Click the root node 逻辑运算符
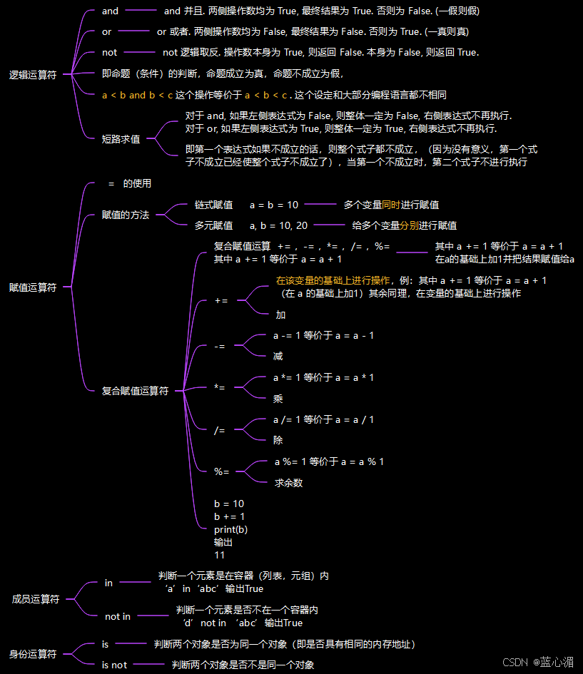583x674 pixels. click(x=33, y=75)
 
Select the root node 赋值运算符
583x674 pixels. click(x=33, y=287)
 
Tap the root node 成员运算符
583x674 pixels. click(x=36, y=599)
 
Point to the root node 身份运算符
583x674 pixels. click(x=33, y=654)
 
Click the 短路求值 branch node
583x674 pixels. click(x=121, y=139)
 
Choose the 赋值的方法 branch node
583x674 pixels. click(x=126, y=215)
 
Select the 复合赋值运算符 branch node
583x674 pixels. click(x=135, y=391)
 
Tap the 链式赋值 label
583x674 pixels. click(x=213, y=205)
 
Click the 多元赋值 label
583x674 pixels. click(x=213, y=225)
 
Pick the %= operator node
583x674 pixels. click(x=222, y=471)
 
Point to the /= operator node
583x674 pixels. click(x=219, y=430)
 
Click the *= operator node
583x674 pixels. click(x=220, y=387)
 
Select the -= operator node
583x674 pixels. click(x=220, y=346)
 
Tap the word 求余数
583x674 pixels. click(x=289, y=483)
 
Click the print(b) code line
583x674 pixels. click(x=231, y=529)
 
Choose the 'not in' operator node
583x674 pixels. click(x=118, y=616)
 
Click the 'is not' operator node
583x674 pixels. click(x=114, y=665)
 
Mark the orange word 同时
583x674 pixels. click(x=391, y=205)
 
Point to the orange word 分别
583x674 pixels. click(x=409, y=225)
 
